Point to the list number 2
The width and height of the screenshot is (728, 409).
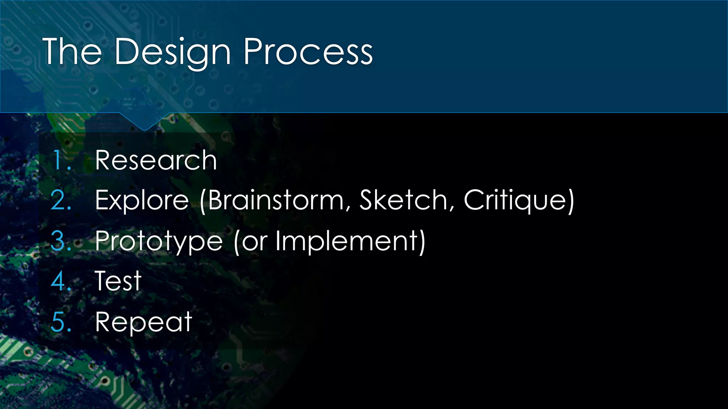pos(61,201)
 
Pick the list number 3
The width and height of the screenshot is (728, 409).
pos(61,241)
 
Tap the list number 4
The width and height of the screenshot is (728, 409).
pos(61,281)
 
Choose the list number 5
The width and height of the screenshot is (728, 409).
pos(61,322)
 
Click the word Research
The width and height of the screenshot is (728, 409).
pos(156,160)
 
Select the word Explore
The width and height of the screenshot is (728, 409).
pos(142,201)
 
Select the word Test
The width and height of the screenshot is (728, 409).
pos(118,281)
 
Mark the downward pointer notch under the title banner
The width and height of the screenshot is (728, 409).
pos(144,122)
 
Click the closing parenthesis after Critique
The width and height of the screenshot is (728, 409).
pos(570,201)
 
